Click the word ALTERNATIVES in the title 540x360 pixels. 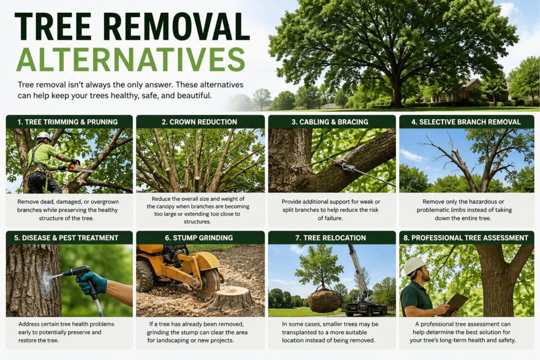point(131,59)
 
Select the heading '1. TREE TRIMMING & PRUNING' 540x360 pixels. point(67,122)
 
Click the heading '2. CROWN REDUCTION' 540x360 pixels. point(199,122)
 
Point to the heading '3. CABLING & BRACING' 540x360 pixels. point(330,122)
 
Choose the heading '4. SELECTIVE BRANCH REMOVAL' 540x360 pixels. point(466,122)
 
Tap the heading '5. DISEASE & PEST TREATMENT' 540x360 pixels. point(66,238)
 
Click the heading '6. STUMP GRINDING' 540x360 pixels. point(199,238)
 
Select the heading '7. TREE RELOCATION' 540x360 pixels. point(331,238)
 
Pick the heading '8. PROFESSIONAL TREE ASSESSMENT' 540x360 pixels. point(466,238)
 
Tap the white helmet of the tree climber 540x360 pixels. point(44,137)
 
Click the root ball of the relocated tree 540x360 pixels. point(324,301)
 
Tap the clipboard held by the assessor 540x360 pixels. point(455,304)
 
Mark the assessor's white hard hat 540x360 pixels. point(414,265)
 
